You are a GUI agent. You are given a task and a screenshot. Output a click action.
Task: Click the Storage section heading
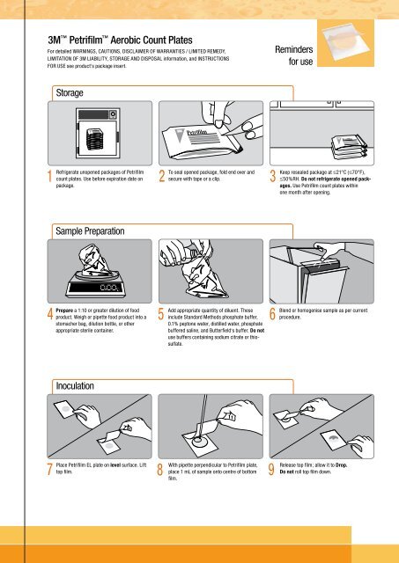click(x=70, y=93)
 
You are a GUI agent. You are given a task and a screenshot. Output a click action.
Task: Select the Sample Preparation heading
click(x=90, y=230)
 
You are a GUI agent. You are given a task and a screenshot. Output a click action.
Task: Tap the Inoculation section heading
click(x=75, y=386)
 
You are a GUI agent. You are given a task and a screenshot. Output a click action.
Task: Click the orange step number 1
click(x=50, y=176)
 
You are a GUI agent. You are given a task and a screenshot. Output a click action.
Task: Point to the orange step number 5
click(x=161, y=314)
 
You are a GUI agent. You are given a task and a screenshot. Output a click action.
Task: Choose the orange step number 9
click(x=272, y=314)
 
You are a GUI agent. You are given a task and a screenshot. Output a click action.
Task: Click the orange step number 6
click(x=272, y=314)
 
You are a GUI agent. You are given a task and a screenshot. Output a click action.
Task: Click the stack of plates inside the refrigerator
click(x=95, y=138)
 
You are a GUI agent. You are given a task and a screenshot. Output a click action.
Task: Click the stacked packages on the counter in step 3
click(x=349, y=147)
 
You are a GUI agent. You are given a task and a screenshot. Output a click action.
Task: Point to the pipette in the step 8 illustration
click(x=203, y=416)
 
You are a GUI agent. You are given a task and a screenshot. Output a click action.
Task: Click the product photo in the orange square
click(x=345, y=43)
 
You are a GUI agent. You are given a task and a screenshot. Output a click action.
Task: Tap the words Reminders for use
click(x=294, y=55)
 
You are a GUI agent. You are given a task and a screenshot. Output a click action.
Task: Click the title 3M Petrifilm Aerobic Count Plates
click(x=120, y=40)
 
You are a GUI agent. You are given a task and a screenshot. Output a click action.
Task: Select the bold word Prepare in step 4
click(x=64, y=311)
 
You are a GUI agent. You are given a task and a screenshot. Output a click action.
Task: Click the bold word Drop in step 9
click(x=341, y=465)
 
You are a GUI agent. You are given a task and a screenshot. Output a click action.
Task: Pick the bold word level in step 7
click(x=115, y=465)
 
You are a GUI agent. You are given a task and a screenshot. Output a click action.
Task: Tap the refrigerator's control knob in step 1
click(x=114, y=114)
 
